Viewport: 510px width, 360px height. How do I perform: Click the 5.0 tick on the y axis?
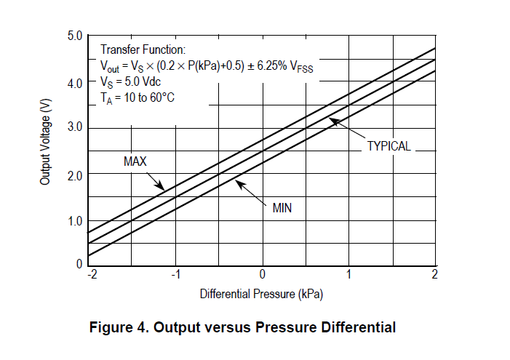pos(75,36)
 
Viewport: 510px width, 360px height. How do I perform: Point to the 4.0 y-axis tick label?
pos(75,83)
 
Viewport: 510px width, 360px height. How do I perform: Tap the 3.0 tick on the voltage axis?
pos(75,128)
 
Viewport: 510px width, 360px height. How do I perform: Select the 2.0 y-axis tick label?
pos(75,175)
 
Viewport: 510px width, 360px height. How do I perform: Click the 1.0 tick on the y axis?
pos(75,221)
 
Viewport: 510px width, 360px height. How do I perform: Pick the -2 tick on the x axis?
pos(92,273)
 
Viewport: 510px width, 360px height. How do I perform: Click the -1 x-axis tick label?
pos(175,273)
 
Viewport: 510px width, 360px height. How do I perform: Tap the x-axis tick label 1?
pos(348,273)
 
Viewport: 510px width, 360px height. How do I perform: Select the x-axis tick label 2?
pos(434,273)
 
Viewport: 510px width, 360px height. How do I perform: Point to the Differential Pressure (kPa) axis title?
pos(261,295)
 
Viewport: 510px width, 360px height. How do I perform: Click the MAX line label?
pos(135,161)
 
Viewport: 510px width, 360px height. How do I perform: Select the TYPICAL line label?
pos(389,145)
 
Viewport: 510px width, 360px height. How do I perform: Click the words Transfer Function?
pos(143,49)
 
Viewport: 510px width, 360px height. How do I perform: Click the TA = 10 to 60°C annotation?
pos(138,97)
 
